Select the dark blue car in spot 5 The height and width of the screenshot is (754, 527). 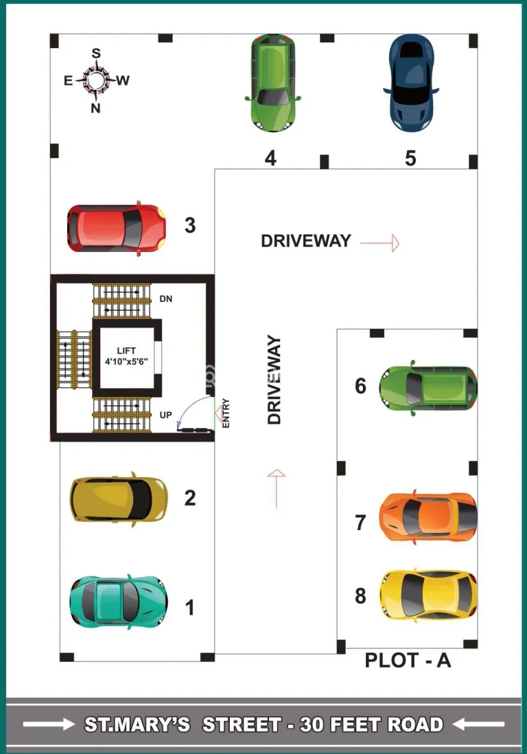pos(411,82)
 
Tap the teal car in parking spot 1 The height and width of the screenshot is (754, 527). pos(119,602)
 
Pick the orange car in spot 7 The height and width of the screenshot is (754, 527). pos(428,517)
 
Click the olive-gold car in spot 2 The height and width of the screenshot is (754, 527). pos(119,499)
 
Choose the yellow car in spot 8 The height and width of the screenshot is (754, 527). pos(428,595)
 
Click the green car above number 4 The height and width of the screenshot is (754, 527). pos(272,82)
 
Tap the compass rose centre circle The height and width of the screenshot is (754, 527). pos(96,80)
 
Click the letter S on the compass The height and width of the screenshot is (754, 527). pos(96,53)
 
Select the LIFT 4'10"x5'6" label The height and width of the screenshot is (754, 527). pos(126,356)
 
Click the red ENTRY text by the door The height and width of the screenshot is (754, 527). pos(226,413)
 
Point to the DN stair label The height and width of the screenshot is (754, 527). pos(166,299)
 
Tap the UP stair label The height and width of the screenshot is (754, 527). pos(166,415)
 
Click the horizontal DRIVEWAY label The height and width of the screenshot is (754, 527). pos(306,240)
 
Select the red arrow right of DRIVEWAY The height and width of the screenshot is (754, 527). pos(379,243)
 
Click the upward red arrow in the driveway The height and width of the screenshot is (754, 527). pos(277,488)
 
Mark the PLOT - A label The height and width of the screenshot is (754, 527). pos(408,660)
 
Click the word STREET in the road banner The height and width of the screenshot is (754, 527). pos(242,724)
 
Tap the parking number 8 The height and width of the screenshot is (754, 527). pos(360,596)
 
